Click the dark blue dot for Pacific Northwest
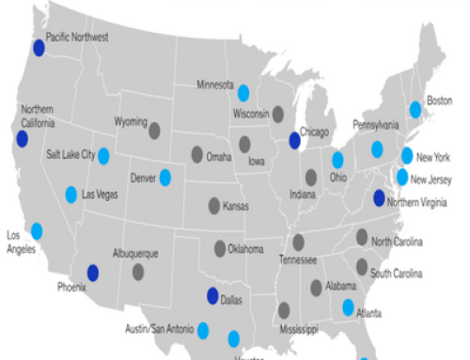(39, 47)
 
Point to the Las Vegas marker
(71, 195)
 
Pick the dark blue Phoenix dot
(93, 273)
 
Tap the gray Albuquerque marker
(138, 272)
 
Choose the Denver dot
(164, 176)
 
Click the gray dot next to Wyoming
(154, 131)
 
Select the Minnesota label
(215, 85)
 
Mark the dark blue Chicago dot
(295, 141)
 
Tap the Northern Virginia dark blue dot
(379, 197)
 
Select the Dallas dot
(213, 296)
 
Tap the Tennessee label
(298, 258)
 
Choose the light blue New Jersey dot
(402, 177)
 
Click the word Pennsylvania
(377, 125)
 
